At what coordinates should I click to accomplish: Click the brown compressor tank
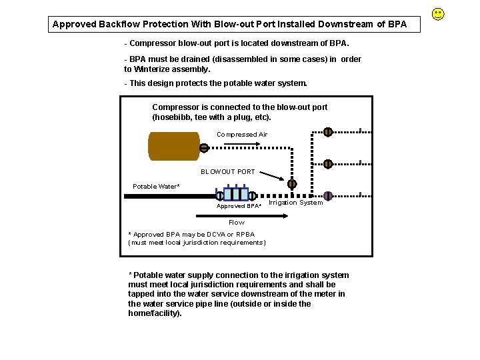click(173, 146)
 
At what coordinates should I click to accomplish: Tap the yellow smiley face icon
click(438, 13)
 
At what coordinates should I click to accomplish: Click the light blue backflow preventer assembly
click(236, 194)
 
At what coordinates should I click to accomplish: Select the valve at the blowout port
click(292, 184)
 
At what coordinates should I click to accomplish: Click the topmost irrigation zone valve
click(328, 131)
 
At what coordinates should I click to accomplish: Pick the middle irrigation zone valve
click(328, 163)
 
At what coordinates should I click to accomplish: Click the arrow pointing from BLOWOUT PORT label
click(271, 176)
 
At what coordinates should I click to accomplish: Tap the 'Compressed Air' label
click(241, 135)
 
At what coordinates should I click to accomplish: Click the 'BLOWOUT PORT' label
click(228, 171)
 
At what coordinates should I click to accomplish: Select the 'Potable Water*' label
click(156, 187)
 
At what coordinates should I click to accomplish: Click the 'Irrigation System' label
click(295, 203)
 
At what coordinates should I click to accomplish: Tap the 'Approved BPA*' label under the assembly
click(239, 206)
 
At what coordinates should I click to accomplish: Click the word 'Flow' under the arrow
click(237, 223)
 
